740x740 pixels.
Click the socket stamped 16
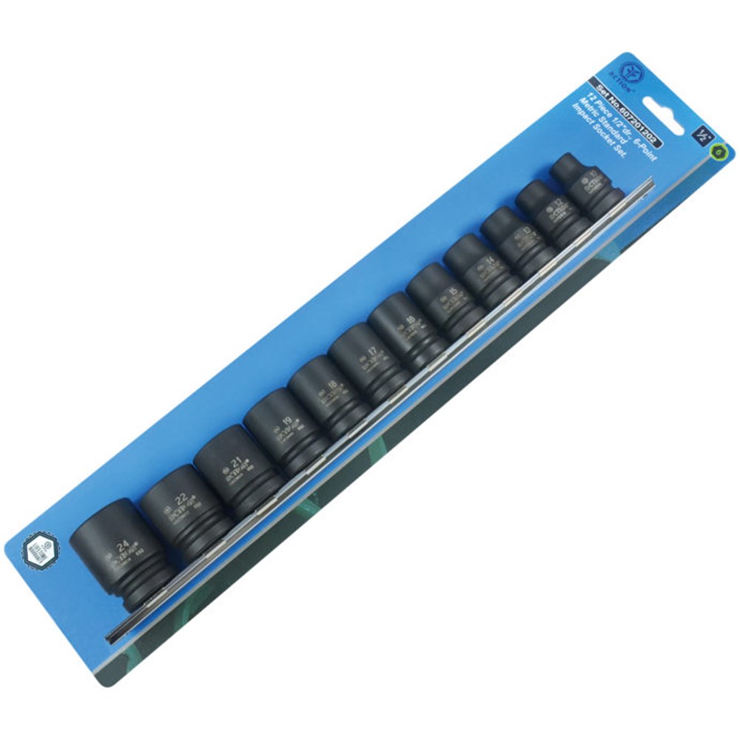pos(406,326)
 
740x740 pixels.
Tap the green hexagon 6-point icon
pos(716,151)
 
